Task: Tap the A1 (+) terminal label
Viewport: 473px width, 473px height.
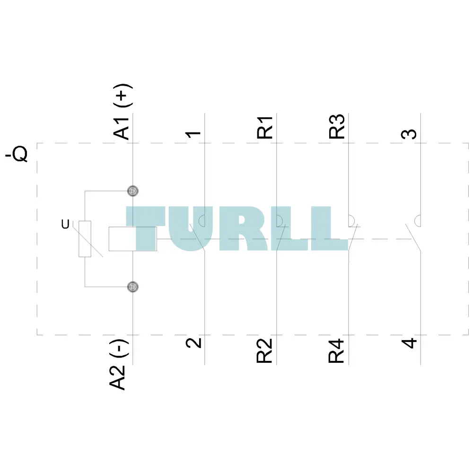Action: (x=123, y=111)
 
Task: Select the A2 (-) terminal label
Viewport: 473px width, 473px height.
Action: (x=118, y=364)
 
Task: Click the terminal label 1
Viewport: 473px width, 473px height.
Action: (x=193, y=134)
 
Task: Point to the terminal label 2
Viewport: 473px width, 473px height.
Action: (x=193, y=343)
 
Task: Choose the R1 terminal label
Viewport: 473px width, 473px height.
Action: (x=264, y=127)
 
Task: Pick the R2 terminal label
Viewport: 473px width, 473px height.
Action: (x=264, y=350)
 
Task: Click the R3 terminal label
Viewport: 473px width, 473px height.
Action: (x=337, y=126)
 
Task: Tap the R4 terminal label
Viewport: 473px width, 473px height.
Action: (x=336, y=350)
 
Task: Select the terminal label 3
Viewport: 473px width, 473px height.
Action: (x=409, y=134)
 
